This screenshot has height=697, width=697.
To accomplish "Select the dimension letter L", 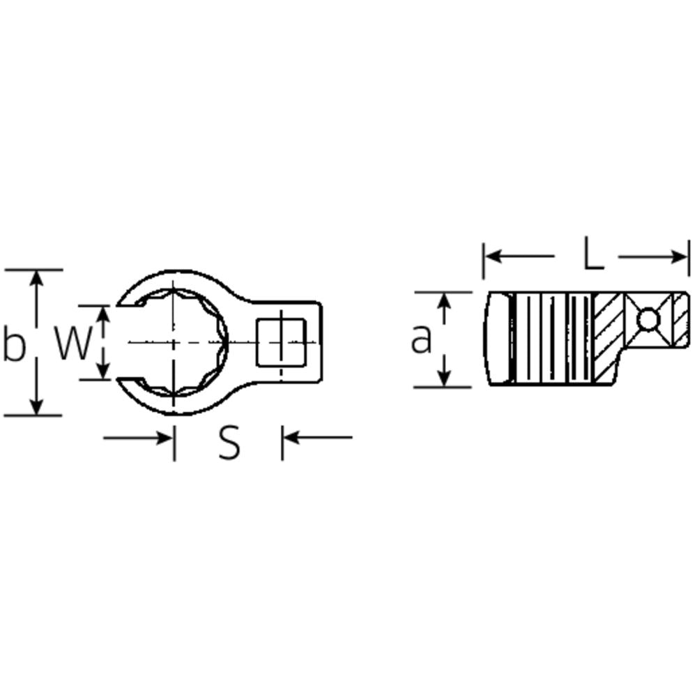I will [x=592, y=256].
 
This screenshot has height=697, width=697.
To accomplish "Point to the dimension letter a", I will [x=421, y=340].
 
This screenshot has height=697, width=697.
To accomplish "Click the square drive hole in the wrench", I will [x=281, y=342].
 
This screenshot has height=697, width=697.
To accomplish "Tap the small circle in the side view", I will [x=648, y=320].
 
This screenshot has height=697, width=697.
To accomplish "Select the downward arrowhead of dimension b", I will [x=37, y=407].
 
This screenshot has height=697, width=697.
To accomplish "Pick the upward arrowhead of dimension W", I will [x=103, y=313].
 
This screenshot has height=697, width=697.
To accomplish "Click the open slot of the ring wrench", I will [x=125, y=342].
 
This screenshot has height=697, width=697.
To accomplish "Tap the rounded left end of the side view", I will [x=498, y=339].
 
